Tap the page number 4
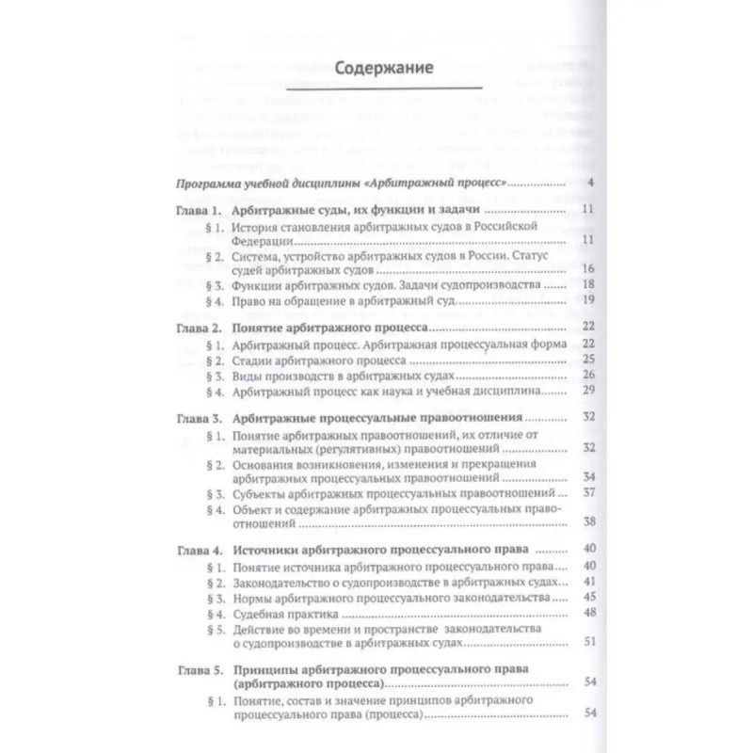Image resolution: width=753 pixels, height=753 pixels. click(587, 182)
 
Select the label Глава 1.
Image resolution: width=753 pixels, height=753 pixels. click(200, 211)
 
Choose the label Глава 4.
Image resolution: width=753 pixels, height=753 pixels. click(200, 548)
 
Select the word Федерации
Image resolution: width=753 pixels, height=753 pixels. click(264, 241)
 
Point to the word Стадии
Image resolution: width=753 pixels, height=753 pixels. click(253, 359)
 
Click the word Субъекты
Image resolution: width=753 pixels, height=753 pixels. click(261, 492)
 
